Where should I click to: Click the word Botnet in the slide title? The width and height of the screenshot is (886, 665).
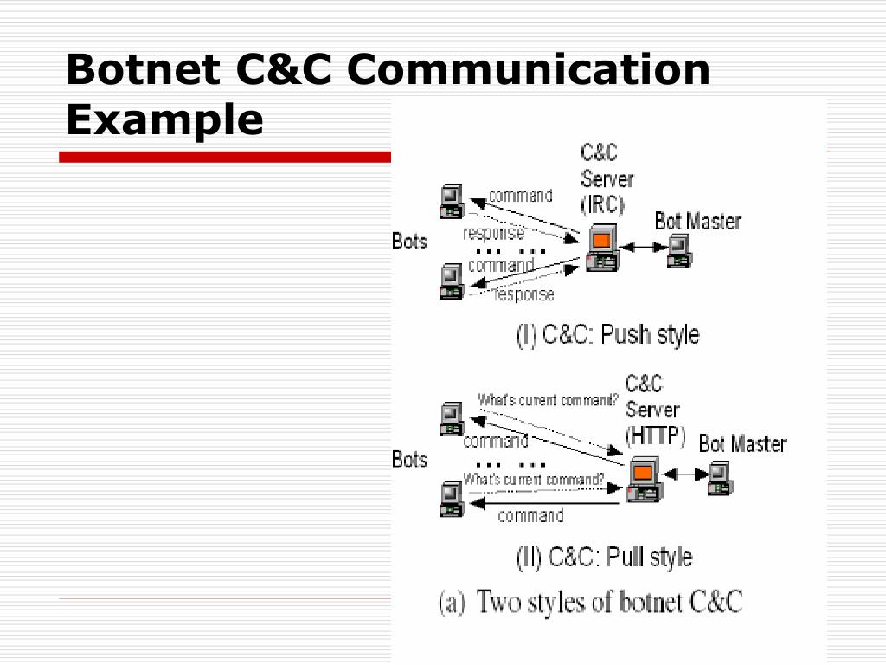click(138, 69)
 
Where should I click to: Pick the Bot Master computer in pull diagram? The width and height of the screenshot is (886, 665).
click(720, 478)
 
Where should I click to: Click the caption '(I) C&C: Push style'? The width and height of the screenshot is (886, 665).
click(607, 334)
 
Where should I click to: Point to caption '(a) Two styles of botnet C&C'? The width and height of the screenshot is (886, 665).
click(590, 602)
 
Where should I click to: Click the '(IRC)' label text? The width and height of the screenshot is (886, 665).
click(602, 205)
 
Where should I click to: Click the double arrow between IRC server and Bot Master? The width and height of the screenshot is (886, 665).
click(641, 249)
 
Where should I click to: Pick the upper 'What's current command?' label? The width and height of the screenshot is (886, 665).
click(549, 400)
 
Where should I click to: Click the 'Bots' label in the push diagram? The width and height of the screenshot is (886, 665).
click(409, 241)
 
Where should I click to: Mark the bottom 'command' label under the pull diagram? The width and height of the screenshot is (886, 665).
click(530, 516)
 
